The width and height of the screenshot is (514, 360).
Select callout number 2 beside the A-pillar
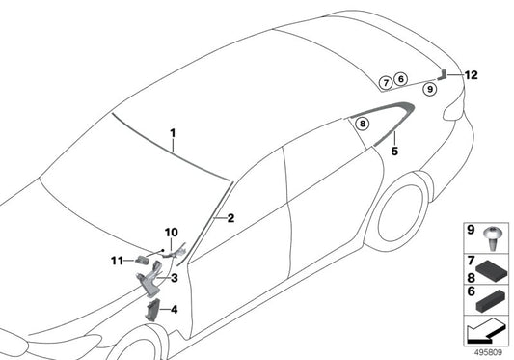click(231, 219)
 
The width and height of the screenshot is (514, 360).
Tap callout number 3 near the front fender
click(175, 278)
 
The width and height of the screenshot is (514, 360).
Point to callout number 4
click(175, 310)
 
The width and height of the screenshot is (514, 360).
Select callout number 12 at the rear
click(470, 74)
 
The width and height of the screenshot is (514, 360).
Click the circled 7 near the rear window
click(385, 82)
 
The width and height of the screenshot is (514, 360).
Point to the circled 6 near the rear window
click(402, 81)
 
